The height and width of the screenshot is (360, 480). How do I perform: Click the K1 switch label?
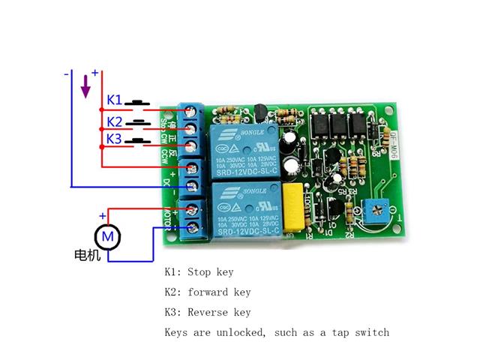[x=114, y=99]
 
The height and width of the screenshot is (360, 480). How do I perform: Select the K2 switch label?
[x=114, y=121]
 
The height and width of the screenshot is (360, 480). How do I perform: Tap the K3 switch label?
[x=114, y=139]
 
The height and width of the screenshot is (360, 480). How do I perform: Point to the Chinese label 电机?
[x=87, y=255]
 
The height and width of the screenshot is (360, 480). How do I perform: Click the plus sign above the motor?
[x=103, y=217]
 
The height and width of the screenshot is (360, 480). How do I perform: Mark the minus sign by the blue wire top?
[x=67, y=74]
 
